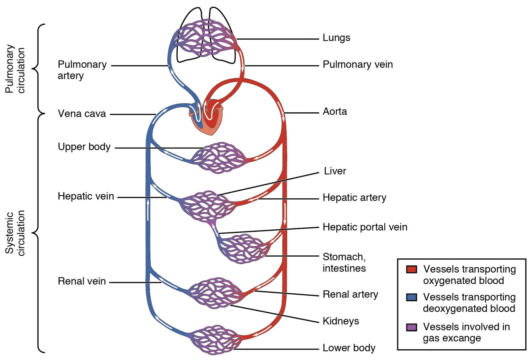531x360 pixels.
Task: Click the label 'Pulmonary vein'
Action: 357,65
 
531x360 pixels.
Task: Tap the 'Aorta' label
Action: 335,112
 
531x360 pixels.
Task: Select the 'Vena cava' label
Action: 82,114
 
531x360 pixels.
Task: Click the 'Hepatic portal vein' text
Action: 365,227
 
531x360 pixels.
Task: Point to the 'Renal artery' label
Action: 350,294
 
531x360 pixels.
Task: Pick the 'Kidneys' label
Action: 341,321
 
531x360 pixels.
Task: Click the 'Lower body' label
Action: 349,348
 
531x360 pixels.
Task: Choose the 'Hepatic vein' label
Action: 86,196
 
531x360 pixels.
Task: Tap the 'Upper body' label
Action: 84,147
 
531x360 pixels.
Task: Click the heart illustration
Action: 207,119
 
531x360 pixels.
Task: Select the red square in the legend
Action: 411,269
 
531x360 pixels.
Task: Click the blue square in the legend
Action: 411,297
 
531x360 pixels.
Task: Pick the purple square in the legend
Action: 411,327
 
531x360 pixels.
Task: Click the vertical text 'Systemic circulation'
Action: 15,233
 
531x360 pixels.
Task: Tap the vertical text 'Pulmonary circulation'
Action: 15,69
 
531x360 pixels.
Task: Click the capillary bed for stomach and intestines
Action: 244,249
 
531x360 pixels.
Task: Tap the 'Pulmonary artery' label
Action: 82,70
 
